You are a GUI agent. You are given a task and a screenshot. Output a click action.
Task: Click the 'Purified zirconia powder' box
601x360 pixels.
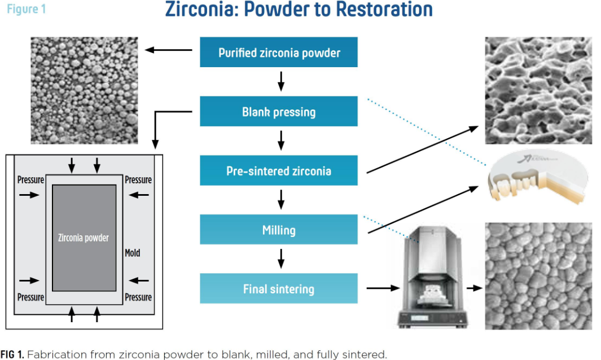coord(279,52)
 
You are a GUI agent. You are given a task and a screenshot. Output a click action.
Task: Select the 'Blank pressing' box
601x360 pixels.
coord(279,111)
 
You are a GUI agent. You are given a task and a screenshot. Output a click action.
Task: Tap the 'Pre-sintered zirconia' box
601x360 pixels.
coord(279,170)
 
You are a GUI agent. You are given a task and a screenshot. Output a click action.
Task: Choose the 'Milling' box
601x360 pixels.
coord(279,229)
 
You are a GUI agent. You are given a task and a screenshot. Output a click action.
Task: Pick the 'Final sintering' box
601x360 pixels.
coord(279,288)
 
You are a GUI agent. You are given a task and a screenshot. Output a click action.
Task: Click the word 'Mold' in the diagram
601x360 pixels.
coord(132,253)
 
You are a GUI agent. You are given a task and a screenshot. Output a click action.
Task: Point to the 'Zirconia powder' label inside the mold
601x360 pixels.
coord(83,238)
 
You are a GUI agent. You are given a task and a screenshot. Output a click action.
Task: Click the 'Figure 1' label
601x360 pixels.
coord(27,9)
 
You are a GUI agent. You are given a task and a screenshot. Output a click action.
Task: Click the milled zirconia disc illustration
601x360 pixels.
coord(538,177)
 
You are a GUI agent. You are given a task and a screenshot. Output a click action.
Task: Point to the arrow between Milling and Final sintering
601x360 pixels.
coord(281,258)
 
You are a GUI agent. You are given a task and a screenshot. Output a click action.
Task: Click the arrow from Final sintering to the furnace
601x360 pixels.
coord(383,288)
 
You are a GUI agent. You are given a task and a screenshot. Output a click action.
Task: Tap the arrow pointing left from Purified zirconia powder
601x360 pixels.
coord(168,50)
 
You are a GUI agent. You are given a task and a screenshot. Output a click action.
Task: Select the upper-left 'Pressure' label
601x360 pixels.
coord(30,179)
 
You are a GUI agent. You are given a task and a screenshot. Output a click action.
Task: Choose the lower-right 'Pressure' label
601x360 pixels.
coord(138,297)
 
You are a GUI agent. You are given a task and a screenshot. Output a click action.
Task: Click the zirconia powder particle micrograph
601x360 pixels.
coord(84,90)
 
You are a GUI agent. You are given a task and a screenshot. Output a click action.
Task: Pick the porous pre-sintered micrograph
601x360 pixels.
coord(538,90)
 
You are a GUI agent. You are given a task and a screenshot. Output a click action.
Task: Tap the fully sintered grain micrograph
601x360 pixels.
coord(538,276)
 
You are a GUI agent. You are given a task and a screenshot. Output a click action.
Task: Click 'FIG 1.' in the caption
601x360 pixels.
coord(12,354)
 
